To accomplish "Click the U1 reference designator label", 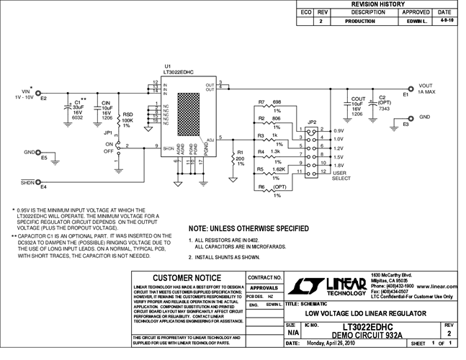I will click(168, 66).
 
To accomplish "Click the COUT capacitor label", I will click(358, 98).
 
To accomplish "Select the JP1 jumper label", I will click(109, 132).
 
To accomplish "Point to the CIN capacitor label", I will click(105, 103).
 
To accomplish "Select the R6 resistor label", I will click(262, 186).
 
